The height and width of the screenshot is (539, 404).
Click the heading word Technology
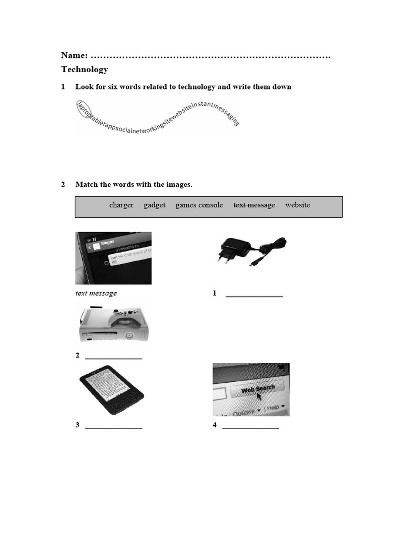(85, 69)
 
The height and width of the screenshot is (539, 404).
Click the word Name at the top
(74, 55)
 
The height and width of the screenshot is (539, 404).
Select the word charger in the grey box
(121, 205)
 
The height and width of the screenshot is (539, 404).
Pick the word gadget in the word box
(155, 205)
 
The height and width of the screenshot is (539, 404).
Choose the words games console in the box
(199, 205)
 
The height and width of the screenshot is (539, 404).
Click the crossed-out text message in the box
(254, 205)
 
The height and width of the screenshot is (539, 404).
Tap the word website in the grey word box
(298, 205)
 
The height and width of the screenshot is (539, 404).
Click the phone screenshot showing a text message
(113, 258)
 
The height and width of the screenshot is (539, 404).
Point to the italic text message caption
(96, 293)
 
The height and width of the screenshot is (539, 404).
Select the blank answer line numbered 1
(254, 296)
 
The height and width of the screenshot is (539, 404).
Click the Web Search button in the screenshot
(258, 389)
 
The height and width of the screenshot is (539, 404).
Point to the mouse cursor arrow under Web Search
(259, 396)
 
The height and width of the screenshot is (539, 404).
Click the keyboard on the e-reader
(124, 403)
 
